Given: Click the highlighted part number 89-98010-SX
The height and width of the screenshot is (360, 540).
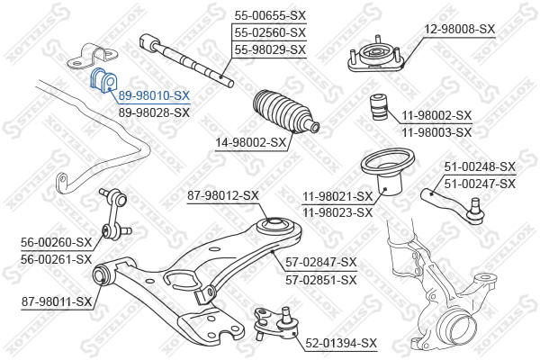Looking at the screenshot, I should [154, 95].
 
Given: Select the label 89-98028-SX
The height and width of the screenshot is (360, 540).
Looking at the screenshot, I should [154, 112].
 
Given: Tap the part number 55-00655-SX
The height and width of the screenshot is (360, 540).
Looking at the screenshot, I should [270, 15].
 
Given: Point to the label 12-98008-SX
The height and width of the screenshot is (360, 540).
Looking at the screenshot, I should [460, 29].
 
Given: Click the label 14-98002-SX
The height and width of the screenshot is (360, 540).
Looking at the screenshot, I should [251, 141].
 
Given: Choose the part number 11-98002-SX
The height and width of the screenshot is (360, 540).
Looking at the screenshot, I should [436, 115].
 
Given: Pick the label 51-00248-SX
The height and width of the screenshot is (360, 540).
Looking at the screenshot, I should [480, 166].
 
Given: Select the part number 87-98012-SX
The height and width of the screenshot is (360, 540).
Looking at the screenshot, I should [223, 195].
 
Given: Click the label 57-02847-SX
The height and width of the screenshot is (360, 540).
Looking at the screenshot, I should [321, 262].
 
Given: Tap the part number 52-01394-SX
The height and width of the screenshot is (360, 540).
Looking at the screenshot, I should [341, 343].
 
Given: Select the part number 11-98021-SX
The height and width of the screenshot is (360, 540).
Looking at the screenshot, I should [338, 196].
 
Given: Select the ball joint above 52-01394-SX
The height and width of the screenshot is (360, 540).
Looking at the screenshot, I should [275, 319].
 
